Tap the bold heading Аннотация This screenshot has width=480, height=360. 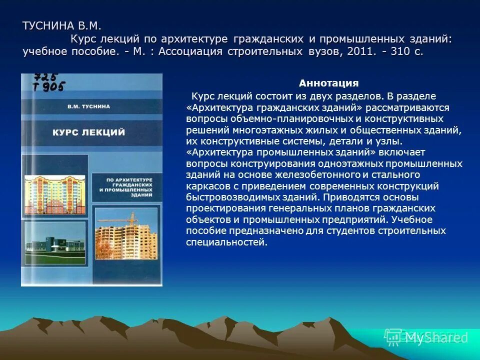(328, 83)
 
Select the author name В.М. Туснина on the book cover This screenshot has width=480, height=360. (88, 106)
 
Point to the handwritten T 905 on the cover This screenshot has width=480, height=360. (48, 87)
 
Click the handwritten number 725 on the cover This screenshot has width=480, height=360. (45, 77)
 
